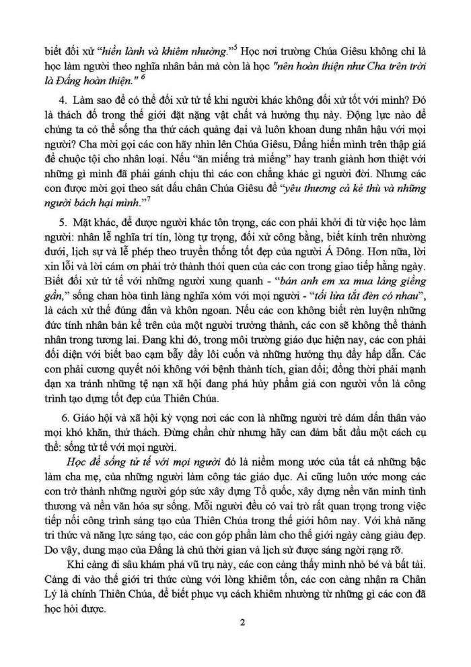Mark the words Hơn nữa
[x=375, y=263]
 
